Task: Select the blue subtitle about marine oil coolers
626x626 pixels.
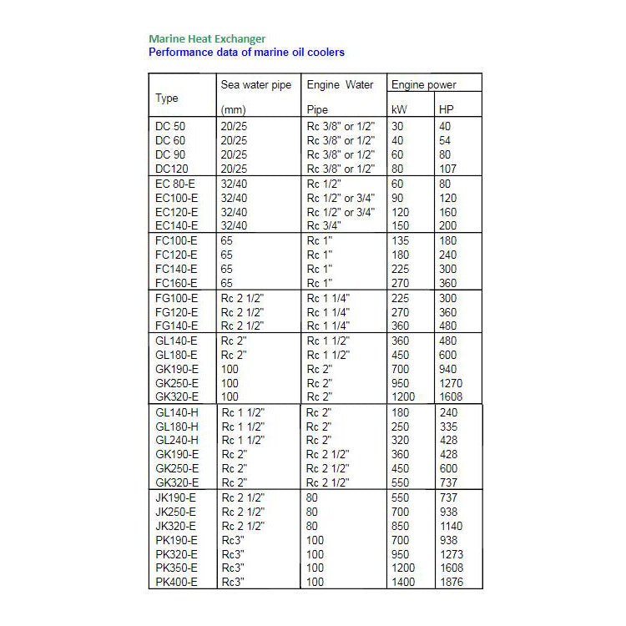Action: pyautogui.click(x=246, y=52)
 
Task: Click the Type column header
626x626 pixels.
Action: pyautogui.click(x=167, y=98)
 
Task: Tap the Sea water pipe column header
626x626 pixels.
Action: pyautogui.click(x=256, y=85)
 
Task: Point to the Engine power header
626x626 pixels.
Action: pyautogui.click(x=424, y=85)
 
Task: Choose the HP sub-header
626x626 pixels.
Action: pyautogui.click(x=447, y=109)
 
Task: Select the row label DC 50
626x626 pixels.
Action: pyautogui.click(x=171, y=127)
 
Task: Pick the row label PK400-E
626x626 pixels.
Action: pyautogui.click(x=176, y=582)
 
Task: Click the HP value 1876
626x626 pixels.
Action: pyautogui.click(x=451, y=582)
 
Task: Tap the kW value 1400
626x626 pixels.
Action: pyautogui.click(x=404, y=582)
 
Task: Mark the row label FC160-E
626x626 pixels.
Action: pyautogui.click(x=176, y=283)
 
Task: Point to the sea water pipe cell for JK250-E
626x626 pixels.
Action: pyautogui.click(x=243, y=512)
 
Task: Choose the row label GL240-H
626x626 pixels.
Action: pyautogui.click(x=176, y=440)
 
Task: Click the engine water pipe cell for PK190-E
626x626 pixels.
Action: pyautogui.click(x=315, y=540)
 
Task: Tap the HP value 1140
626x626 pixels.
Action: pyautogui.click(x=451, y=526)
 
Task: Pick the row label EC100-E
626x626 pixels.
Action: pyautogui.click(x=176, y=198)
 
